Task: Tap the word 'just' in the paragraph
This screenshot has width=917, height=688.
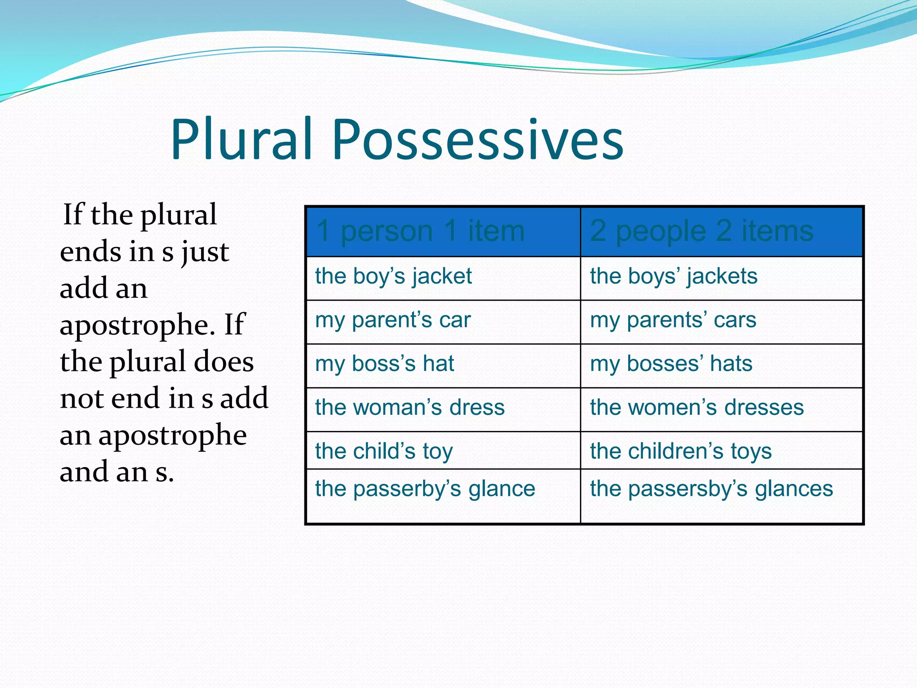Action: [206, 252]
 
